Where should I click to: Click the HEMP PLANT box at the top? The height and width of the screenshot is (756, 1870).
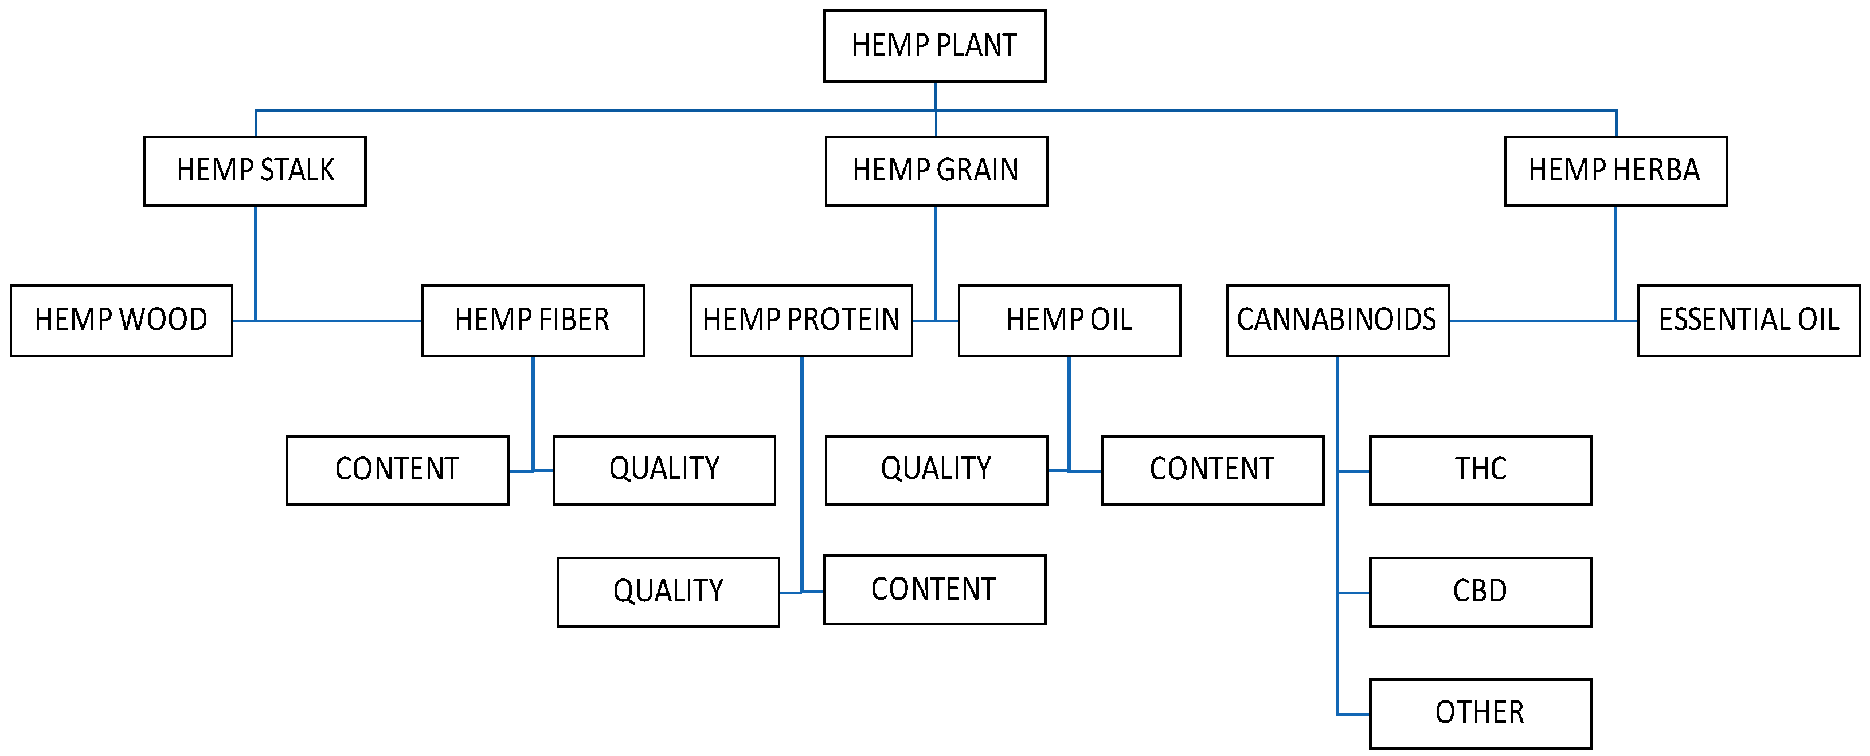coord(934,46)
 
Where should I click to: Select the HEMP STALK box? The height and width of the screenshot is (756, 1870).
coord(255,171)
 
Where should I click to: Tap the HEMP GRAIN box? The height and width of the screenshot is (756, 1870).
coord(936,171)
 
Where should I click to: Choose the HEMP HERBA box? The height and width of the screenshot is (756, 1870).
coord(1615,171)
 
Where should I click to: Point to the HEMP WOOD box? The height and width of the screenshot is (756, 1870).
coord(121,321)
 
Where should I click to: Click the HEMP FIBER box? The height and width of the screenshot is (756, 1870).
coord(533,321)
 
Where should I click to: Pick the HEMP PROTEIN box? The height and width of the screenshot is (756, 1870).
coord(801,321)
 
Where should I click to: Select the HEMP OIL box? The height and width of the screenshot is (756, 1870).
coord(1069,321)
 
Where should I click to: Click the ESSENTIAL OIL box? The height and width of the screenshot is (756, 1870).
coord(1749,321)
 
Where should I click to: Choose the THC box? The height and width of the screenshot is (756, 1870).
coord(1480,470)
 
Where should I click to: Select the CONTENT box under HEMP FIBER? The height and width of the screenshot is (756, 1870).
coord(398,470)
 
